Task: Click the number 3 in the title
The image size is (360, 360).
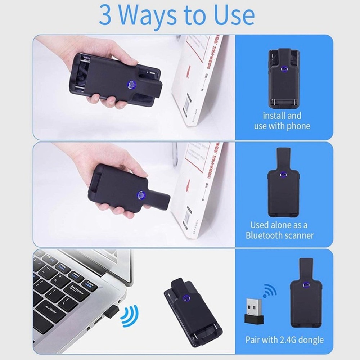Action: point(105,15)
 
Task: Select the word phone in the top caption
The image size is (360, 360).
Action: point(297,126)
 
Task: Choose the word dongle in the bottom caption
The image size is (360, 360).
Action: point(311,339)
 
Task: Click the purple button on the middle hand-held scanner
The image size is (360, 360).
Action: point(140,195)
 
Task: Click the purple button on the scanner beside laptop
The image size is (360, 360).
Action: point(186,297)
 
